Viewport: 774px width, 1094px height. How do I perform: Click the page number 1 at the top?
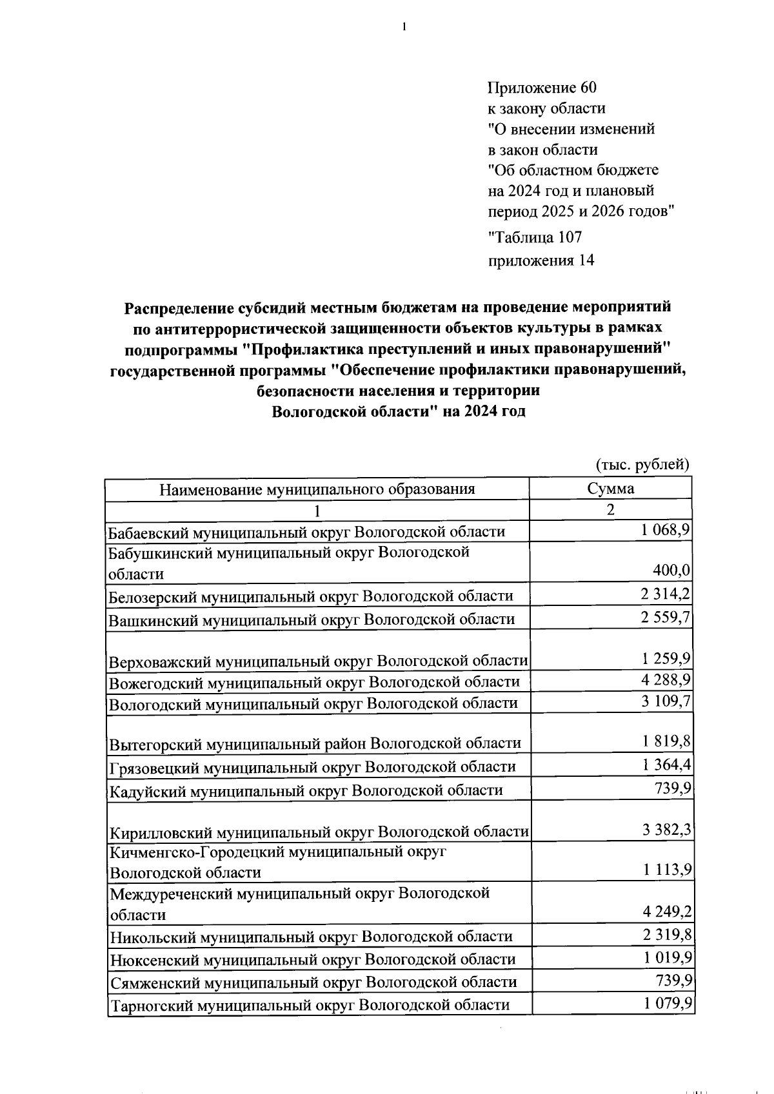[x=404, y=27]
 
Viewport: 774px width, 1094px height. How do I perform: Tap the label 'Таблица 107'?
[x=535, y=237]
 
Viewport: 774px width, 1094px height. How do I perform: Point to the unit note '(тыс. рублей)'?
[x=642, y=464]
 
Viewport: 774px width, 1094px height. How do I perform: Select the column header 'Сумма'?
[x=610, y=488]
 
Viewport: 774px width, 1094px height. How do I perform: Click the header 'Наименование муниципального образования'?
[x=317, y=489]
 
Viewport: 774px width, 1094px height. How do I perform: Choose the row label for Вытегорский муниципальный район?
[x=315, y=743]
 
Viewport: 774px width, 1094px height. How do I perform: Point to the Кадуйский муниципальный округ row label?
[x=306, y=790]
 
